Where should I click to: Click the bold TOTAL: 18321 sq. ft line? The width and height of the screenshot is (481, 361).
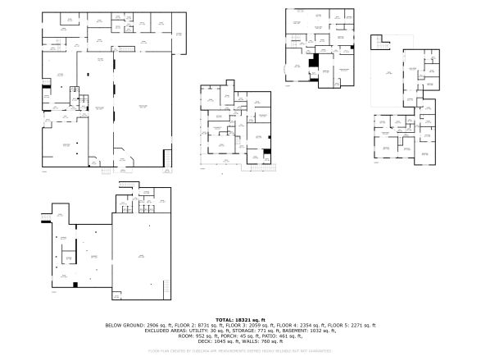[x=240, y=319]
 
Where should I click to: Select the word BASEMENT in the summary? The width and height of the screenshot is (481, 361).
[x=298, y=330]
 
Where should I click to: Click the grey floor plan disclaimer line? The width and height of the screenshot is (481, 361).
[x=240, y=350]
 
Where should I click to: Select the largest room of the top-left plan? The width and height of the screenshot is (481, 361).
[x=142, y=107]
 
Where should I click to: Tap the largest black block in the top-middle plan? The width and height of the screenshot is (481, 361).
[x=313, y=62]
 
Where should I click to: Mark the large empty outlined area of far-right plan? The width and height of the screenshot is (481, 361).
[x=385, y=78]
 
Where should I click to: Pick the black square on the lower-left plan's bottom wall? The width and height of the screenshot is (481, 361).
[x=75, y=284]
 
